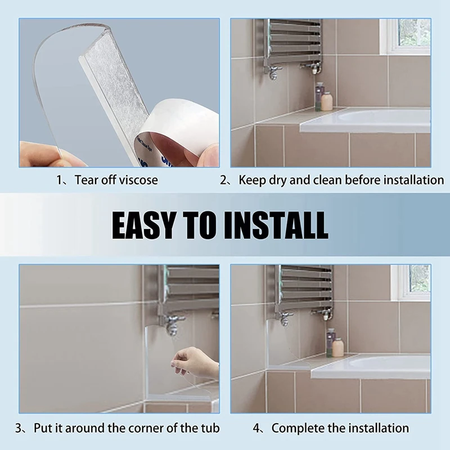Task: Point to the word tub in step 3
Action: pyautogui.click(x=209, y=428)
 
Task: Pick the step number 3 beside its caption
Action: pyautogui.click(x=20, y=428)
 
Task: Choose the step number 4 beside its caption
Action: pyautogui.click(x=257, y=428)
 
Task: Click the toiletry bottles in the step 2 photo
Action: pyautogui.click(x=323, y=98)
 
